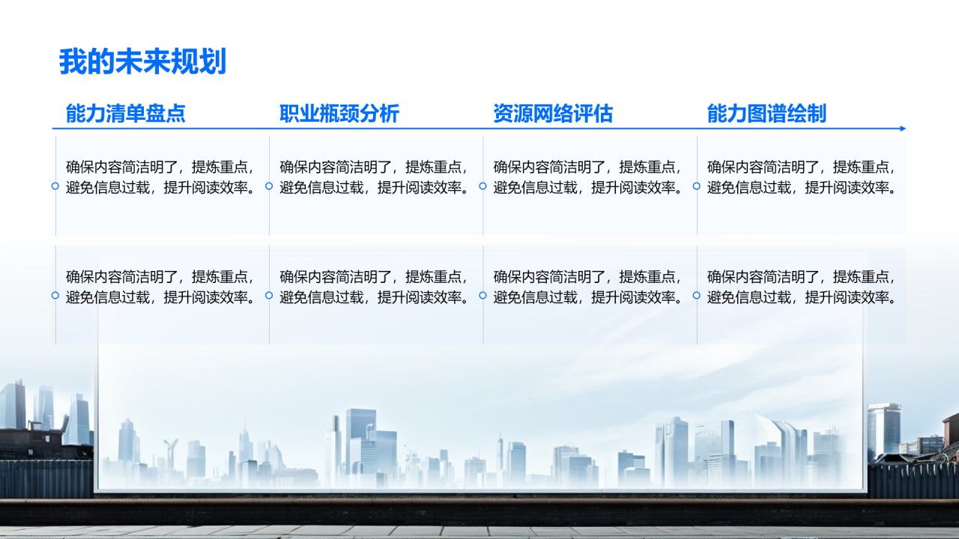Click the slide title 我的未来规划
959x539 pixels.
click(142, 61)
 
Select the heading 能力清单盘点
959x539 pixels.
click(125, 114)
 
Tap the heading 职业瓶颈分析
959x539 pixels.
click(339, 114)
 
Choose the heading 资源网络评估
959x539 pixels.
click(553, 114)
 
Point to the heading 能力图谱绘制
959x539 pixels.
click(766, 114)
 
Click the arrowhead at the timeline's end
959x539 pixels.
click(903, 128)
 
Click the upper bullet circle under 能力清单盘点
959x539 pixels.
click(55, 186)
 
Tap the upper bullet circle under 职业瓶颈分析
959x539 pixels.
click(269, 186)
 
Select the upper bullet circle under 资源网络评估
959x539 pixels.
click(482, 186)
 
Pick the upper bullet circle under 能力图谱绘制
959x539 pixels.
click(697, 186)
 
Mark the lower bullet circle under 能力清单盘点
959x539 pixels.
click(55, 295)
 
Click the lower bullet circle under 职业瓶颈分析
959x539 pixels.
click(269, 295)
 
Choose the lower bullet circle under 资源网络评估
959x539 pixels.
click(482, 295)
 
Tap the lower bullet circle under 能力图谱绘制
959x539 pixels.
click(697, 295)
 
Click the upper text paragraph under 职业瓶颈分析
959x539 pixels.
click(375, 177)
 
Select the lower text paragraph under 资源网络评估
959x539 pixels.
click(588, 287)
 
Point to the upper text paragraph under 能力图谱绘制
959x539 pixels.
click(802, 177)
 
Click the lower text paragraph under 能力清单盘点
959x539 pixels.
click(161, 287)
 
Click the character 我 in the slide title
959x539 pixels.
click(73, 61)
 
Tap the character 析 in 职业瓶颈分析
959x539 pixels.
click(389, 114)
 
